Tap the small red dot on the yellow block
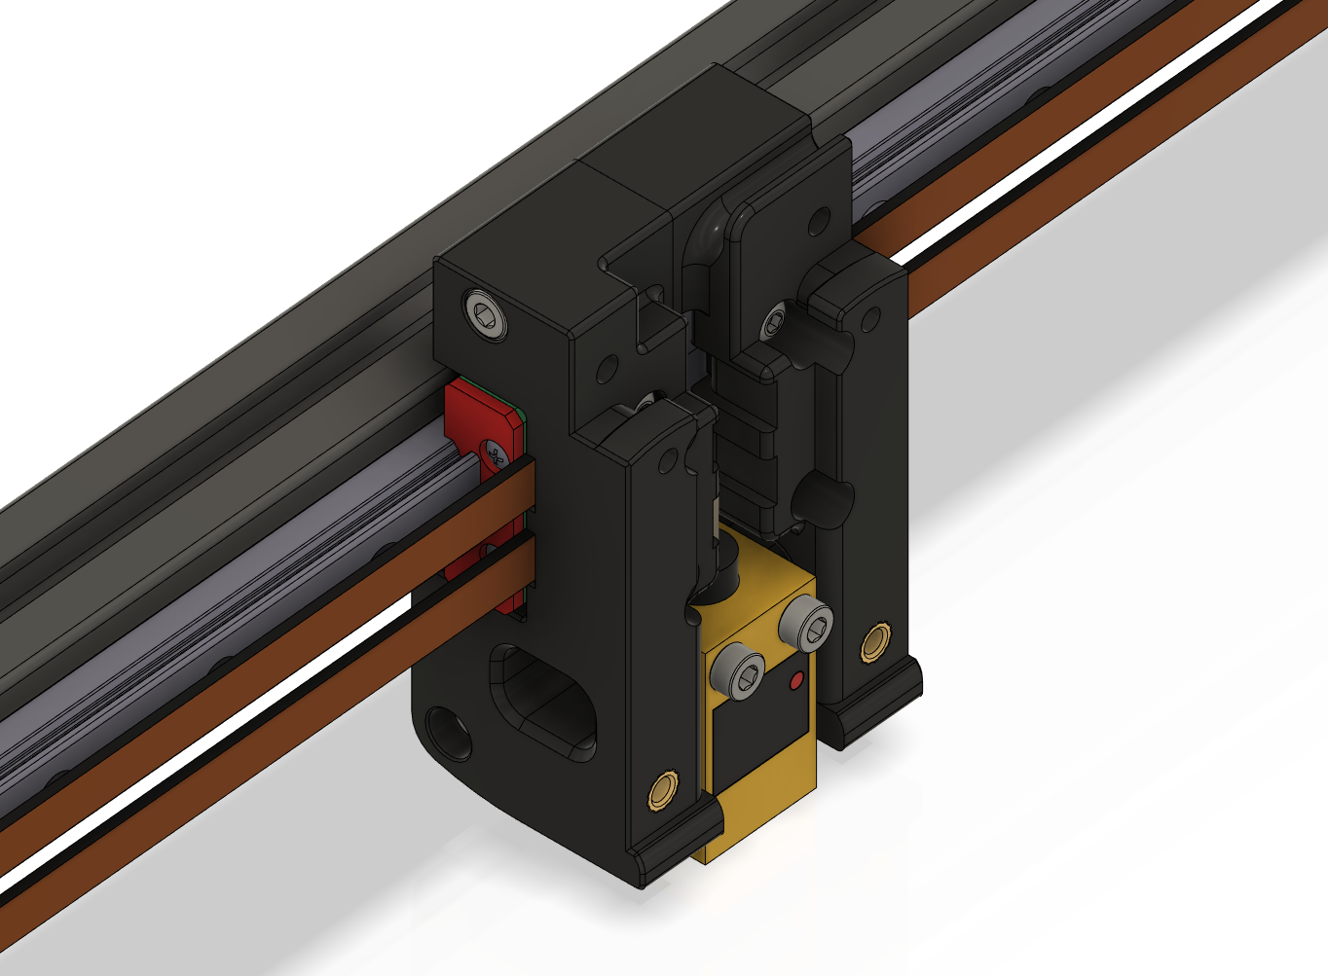click(796, 682)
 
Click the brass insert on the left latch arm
click(665, 789)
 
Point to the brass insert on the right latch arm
click(874, 642)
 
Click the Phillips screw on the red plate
click(496, 454)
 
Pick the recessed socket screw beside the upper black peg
click(775, 320)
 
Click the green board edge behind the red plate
click(523, 419)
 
